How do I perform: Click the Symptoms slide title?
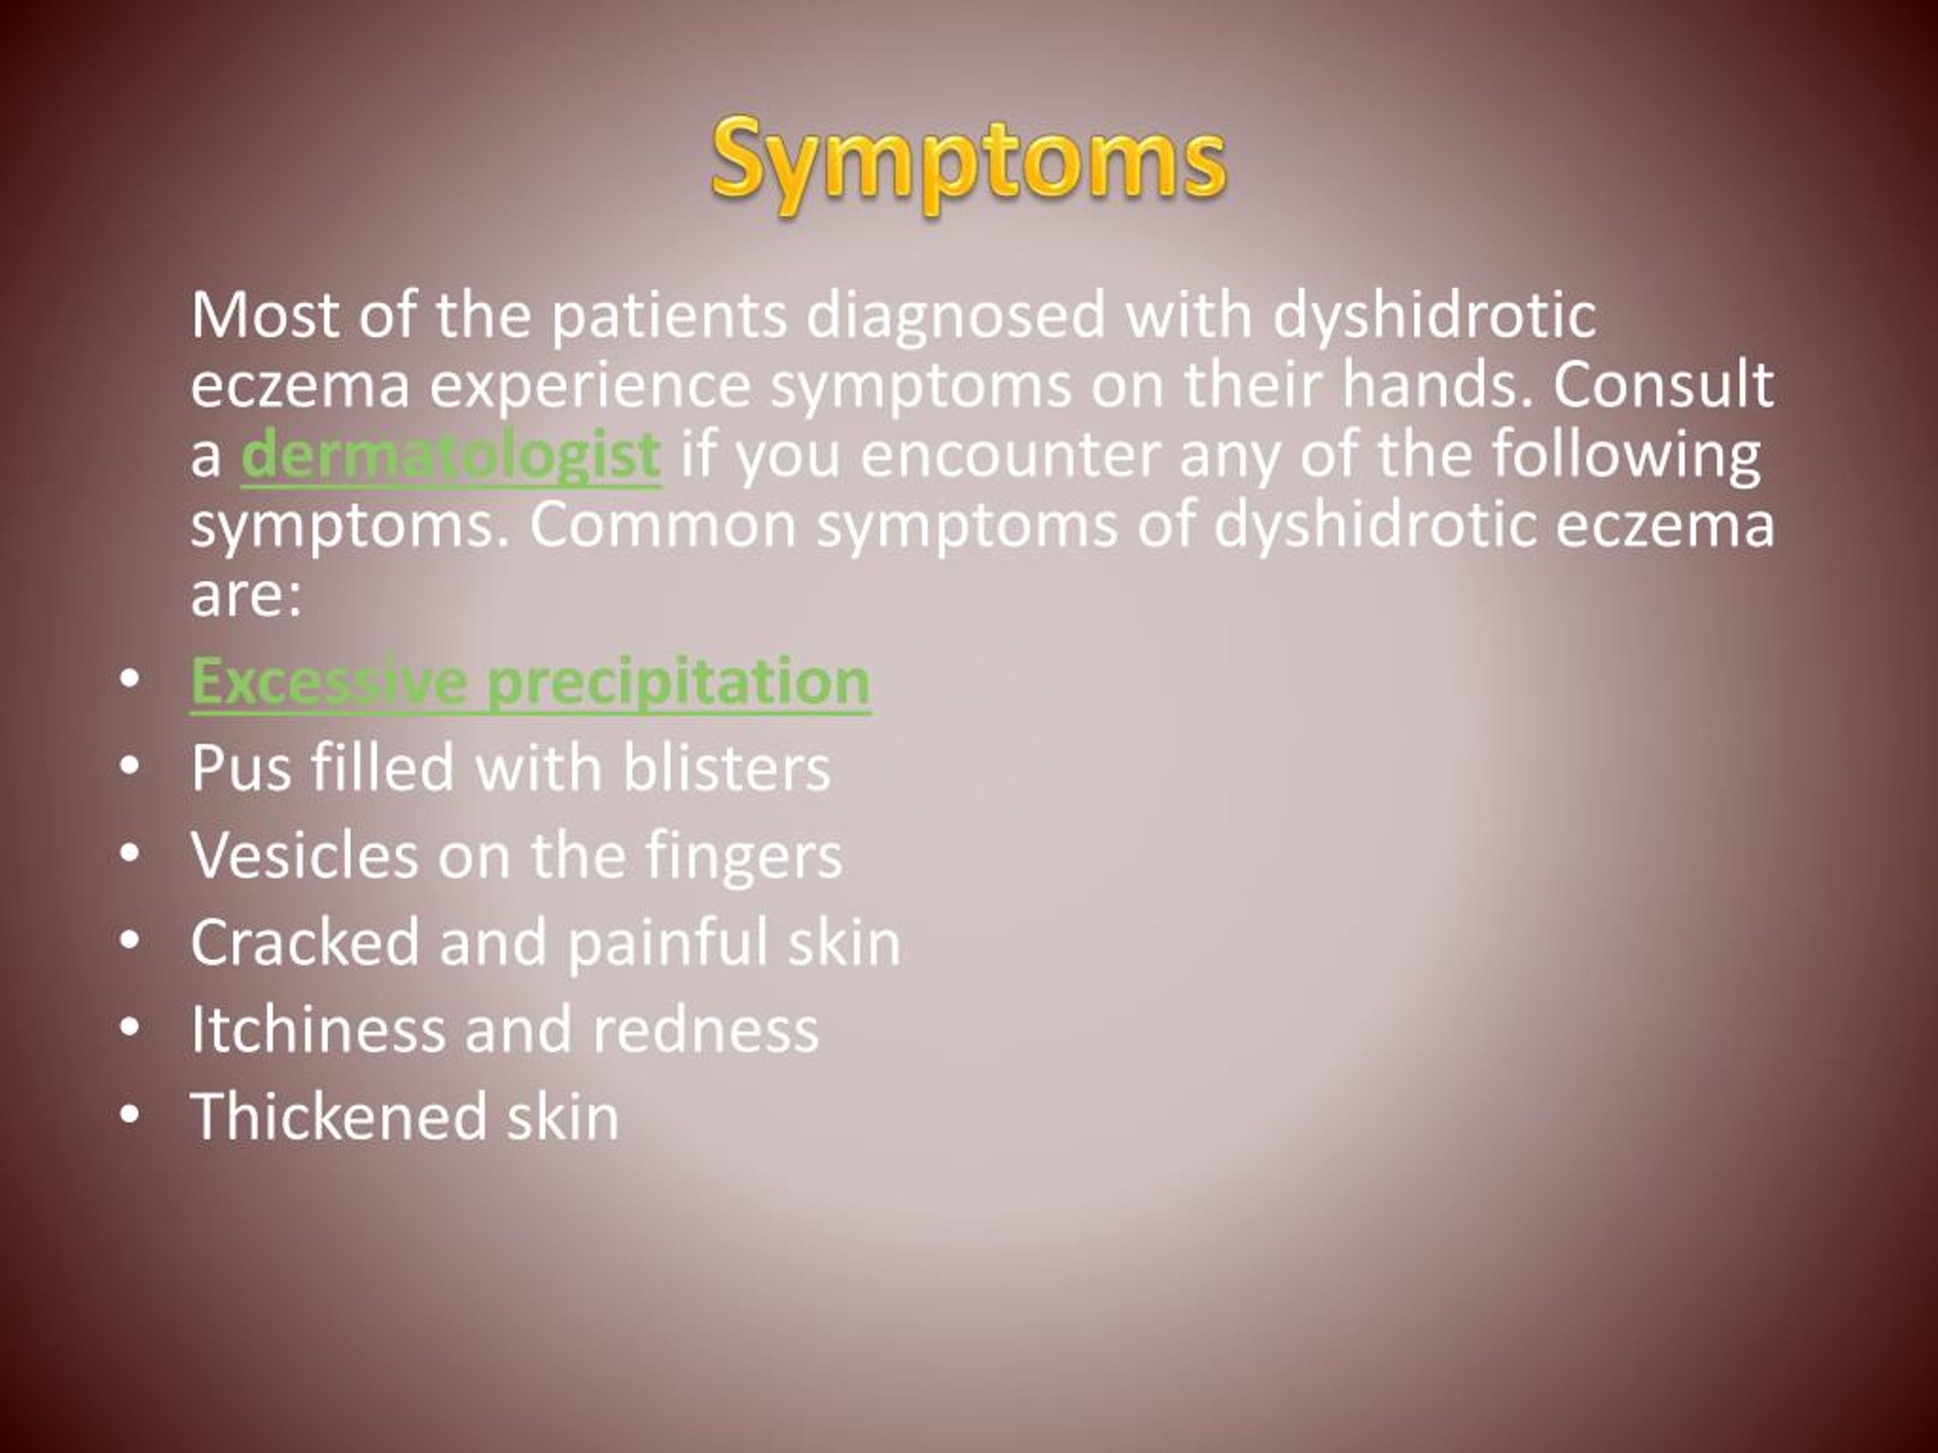click(968, 163)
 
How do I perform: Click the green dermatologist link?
click(450, 456)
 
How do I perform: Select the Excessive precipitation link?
click(530, 683)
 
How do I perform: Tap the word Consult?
click(1664, 384)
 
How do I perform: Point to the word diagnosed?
click(956, 316)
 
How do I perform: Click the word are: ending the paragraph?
click(246, 596)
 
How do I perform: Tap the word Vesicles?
click(304, 856)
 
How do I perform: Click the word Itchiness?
click(318, 1029)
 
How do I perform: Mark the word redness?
click(706, 1029)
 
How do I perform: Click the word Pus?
click(241, 768)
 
